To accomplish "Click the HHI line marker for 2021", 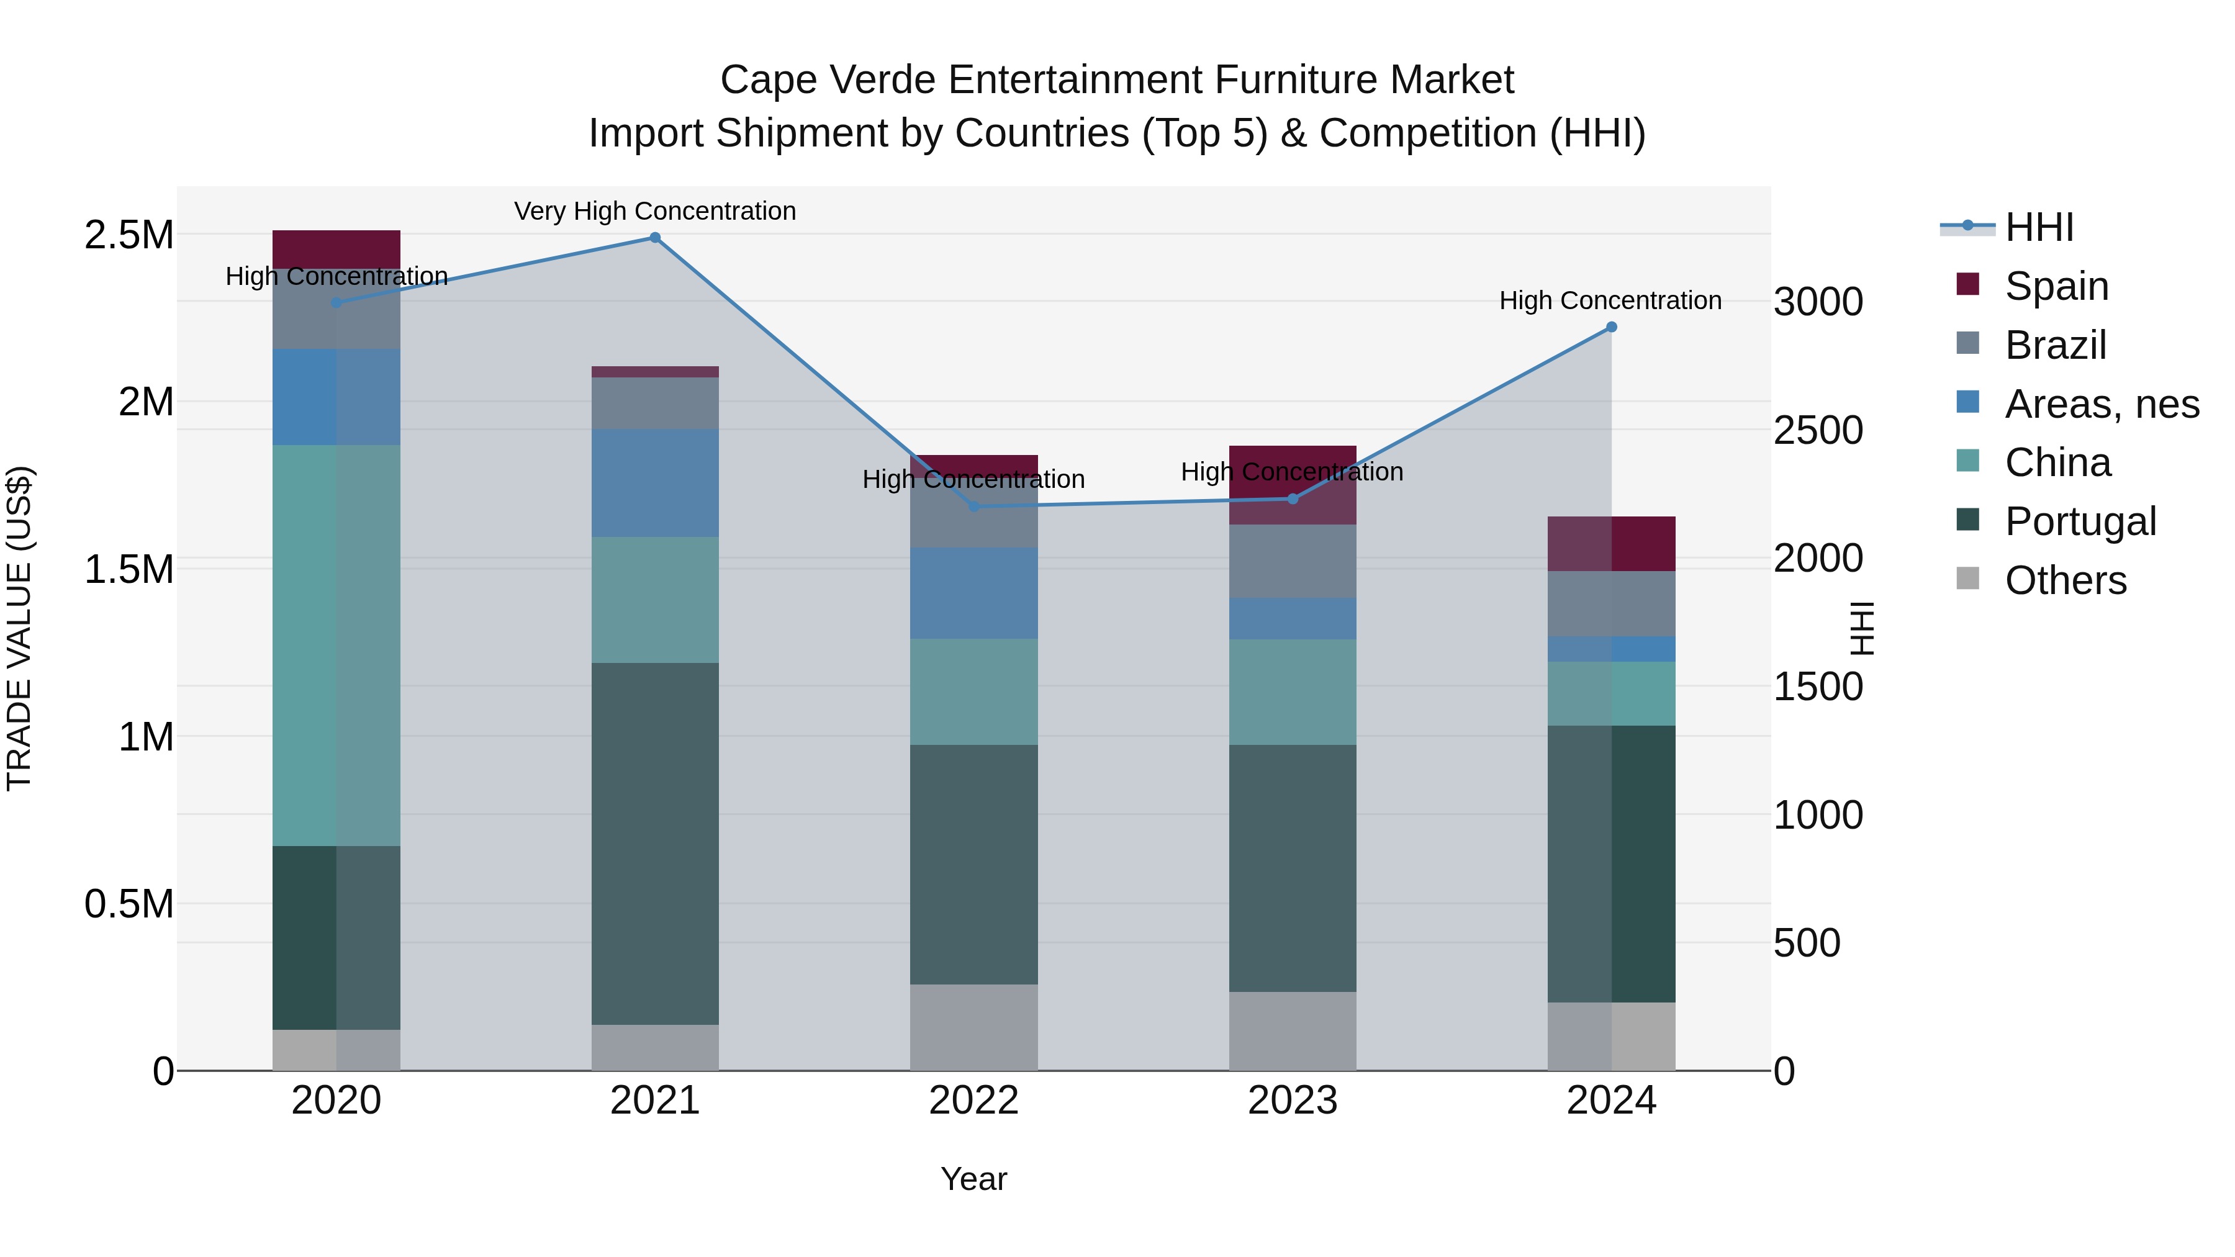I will (x=655, y=238).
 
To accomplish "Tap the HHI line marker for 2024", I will (x=1611, y=327).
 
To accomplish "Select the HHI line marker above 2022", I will (x=973, y=506).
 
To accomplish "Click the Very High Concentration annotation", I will (x=655, y=211).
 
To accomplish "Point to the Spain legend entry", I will (x=2056, y=286).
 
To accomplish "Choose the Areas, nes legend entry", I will (x=2102, y=403).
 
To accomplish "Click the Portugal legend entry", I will (x=2080, y=521).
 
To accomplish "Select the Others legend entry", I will (x=2065, y=580).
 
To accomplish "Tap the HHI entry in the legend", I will (x=2039, y=227).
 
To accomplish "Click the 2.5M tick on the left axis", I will (x=129, y=235).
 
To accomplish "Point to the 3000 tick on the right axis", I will (x=1818, y=302).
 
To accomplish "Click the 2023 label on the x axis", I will (x=1292, y=1100).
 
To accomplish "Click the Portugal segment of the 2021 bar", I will (x=655, y=843).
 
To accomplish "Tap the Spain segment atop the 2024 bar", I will (x=1611, y=543).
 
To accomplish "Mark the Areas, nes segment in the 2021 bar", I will (x=655, y=482).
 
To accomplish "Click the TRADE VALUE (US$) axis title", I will (x=19, y=628).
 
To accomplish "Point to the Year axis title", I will (x=973, y=1179).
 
